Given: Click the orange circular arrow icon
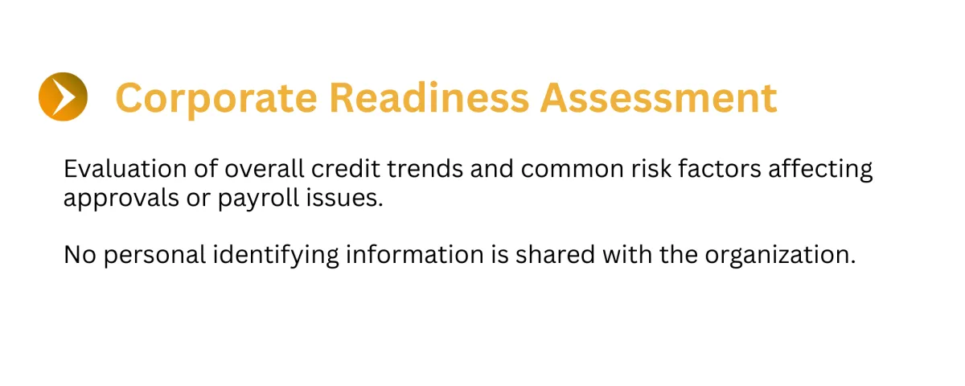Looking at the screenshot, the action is click(x=63, y=96).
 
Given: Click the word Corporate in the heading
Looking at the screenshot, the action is click(x=216, y=99).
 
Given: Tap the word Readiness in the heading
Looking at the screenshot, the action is click(x=429, y=98).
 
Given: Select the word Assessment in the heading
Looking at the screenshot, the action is click(x=659, y=98).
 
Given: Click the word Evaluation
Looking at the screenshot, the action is click(x=125, y=168).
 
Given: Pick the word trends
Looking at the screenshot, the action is click(x=425, y=168).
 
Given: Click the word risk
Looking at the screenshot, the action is click(x=651, y=168).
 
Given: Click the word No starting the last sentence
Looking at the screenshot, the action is click(x=80, y=255).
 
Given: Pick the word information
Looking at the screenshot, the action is click(x=415, y=255).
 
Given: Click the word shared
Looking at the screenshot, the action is click(x=556, y=255).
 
